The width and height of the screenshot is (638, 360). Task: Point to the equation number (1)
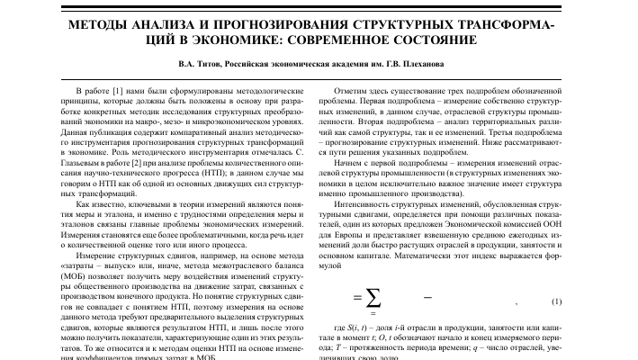pos(556,300)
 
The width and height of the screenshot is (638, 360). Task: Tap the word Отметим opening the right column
pos(352,93)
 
